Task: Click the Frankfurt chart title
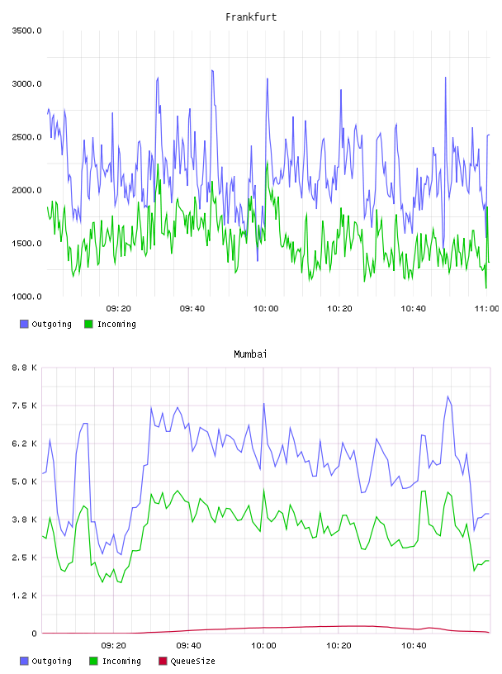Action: [x=251, y=17]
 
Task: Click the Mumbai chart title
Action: [x=250, y=354]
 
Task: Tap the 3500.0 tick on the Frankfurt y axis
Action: [x=26, y=31]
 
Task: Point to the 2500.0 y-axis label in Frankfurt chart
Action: [x=26, y=137]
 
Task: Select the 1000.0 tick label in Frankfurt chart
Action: [x=26, y=297]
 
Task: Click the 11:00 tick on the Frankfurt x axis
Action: [x=486, y=309]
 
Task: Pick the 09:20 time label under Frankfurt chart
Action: [x=119, y=309]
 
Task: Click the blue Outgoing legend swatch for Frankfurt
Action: [x=24, y=324]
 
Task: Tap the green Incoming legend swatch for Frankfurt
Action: [x=88, y=324]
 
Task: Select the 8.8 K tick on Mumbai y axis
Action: [x=25, y=368]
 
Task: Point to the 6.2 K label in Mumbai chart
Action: [x=25, y=444]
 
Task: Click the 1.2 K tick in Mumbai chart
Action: [x=25, y=596]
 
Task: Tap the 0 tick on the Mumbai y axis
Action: [x=35, y=634]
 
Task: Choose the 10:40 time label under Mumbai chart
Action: [x=414, y=646]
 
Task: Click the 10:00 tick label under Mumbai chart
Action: [x=263, y=646]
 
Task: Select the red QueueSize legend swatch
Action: [x=163, y=661]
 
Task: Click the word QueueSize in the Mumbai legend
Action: [x=193, y=662]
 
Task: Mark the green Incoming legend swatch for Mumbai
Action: [x=93, y=661]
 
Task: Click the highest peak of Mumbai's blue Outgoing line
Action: [x=448, y=396]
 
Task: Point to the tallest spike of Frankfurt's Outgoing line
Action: [x=212, y=70]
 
